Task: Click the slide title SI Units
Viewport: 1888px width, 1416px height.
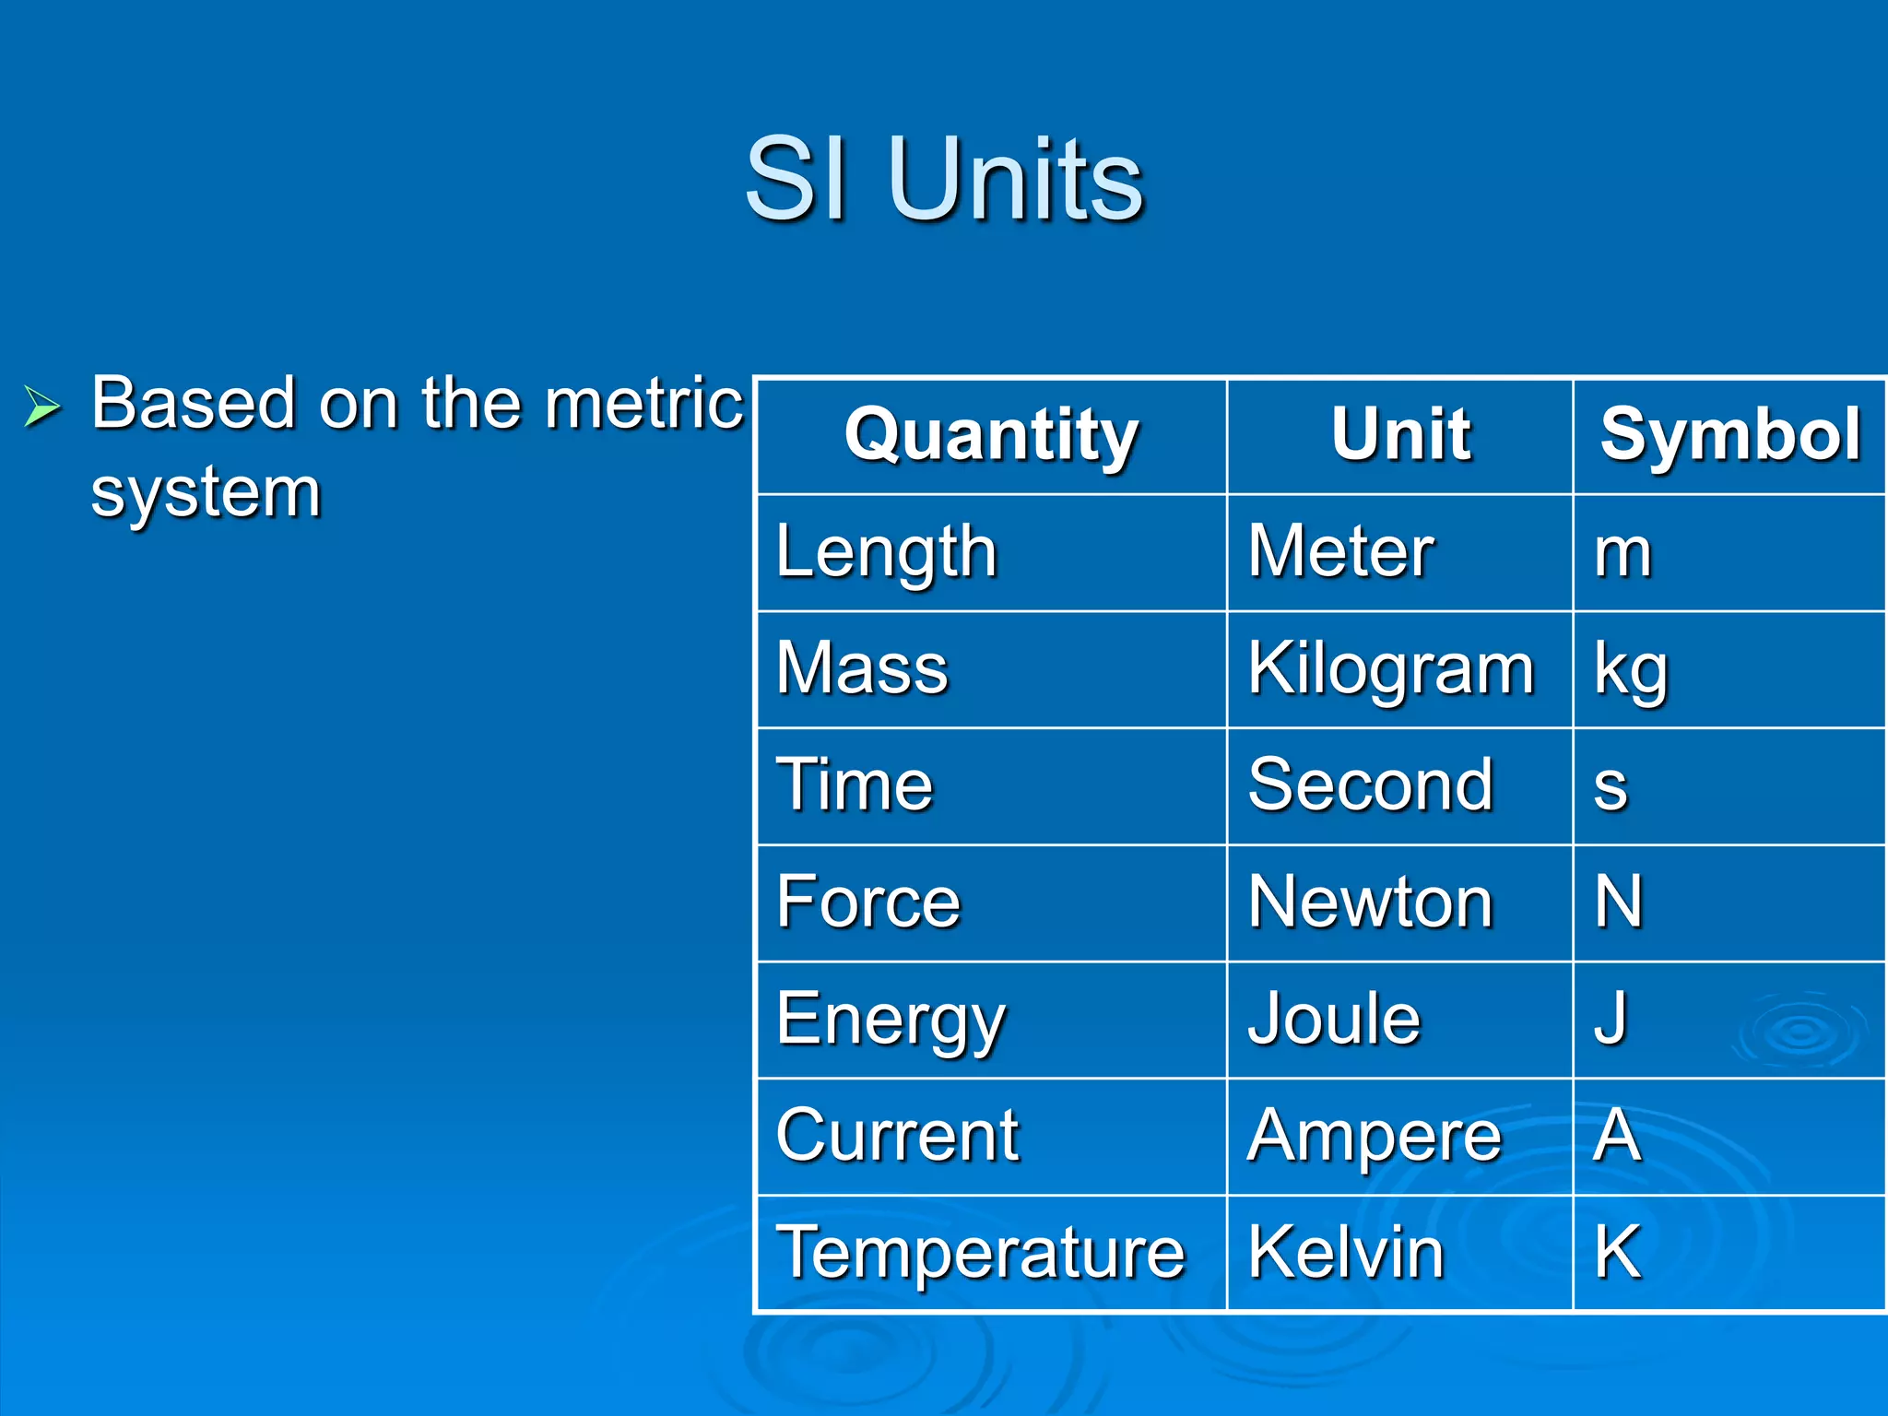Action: [943, 179]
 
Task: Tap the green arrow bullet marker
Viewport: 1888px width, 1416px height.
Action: [41, 407]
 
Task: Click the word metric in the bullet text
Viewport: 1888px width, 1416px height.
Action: [643, 405]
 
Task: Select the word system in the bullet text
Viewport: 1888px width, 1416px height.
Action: [206, 493]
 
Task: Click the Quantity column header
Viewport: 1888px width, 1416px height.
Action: [992, 435]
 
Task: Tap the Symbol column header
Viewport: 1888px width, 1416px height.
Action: [1729, 435]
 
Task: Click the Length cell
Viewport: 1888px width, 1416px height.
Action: [886, 552]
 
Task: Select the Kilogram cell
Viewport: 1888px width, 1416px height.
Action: [1391, 669]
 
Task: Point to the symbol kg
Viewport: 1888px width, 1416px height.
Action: [1631, 671]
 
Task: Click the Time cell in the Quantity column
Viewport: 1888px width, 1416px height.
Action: [855, 785]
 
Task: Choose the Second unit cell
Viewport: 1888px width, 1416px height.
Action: [1370, 785]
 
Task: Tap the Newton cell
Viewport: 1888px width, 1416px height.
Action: [1370, 903]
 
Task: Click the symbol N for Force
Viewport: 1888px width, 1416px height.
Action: [1619, 903]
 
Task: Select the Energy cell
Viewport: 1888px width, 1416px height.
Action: [890, 1020]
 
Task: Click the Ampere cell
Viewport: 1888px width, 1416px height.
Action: [1374, 1137]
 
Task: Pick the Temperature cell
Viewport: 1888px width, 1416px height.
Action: [980, 1253]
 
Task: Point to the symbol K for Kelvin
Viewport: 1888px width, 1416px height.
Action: [1618, 1252]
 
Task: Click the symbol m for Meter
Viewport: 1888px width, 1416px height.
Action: [1622, 553]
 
